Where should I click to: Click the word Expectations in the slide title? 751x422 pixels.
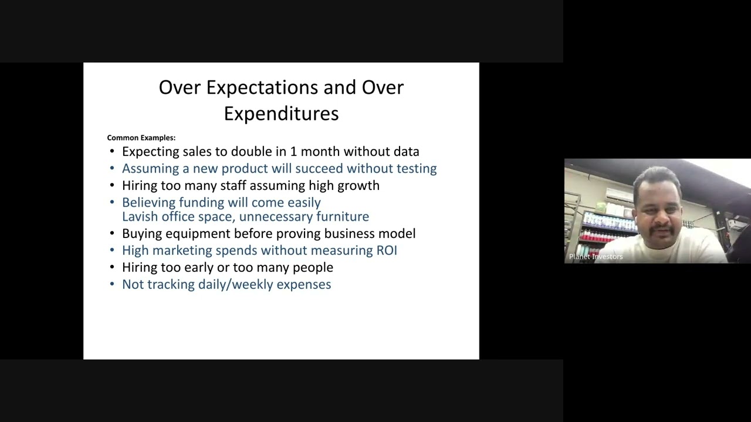[262, 88]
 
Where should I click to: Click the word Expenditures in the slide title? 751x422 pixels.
[281, 114]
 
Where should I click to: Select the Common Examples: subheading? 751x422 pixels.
[141, 138]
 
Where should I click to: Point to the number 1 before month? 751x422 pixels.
[294, 152]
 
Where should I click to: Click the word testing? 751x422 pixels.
[417, 169]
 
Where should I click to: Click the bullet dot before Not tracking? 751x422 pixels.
[112, 285]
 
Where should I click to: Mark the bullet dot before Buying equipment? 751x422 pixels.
[112, 234]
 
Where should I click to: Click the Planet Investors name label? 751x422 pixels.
[596, 257]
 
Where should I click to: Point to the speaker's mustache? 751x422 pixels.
[662, 230]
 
